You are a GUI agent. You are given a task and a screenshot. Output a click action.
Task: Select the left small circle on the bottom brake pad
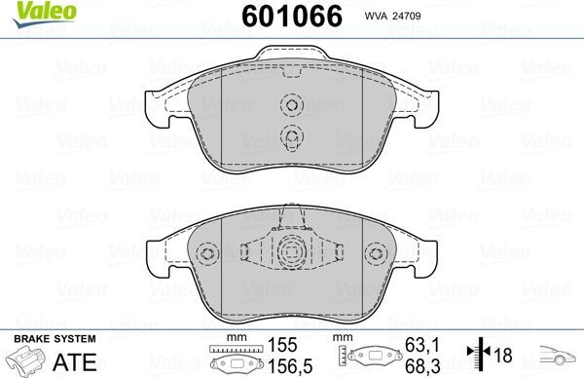205,255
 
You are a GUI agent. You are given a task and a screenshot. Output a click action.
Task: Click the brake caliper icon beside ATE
28,359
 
